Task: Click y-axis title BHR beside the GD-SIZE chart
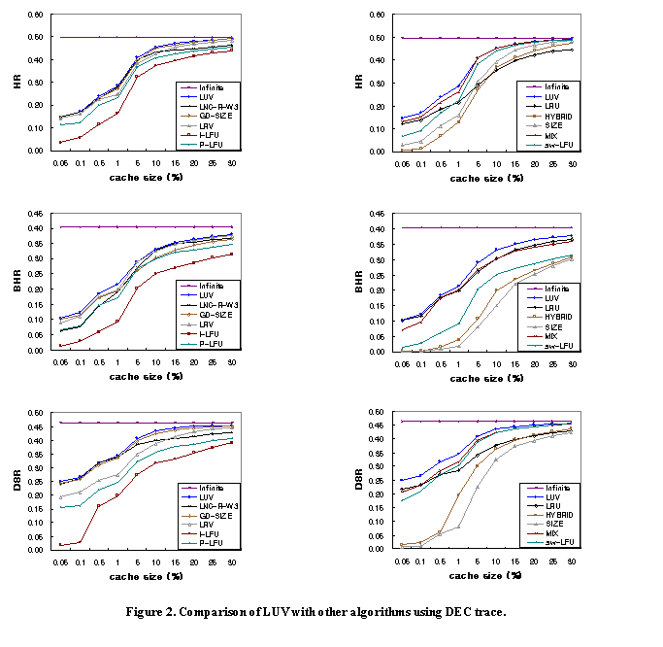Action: pos(18,282)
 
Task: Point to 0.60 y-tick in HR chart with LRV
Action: pos(35,16)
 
